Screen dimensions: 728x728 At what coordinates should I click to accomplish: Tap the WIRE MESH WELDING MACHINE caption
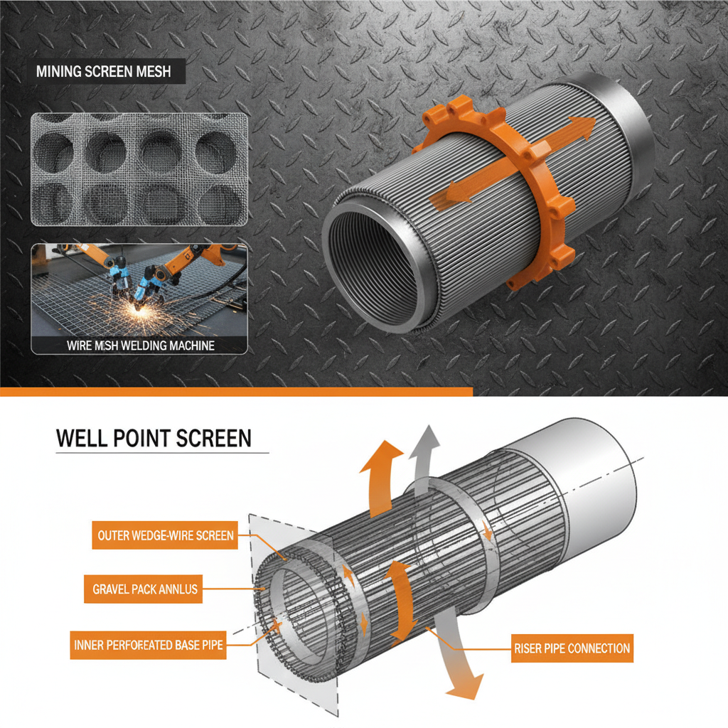click(x=140, y=346)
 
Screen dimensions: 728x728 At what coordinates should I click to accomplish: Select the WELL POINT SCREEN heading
click(x=154, y=437)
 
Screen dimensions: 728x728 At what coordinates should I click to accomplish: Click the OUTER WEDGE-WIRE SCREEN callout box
click(x=164, y=535)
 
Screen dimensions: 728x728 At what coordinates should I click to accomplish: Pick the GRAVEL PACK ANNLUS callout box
click(x=145, y=589)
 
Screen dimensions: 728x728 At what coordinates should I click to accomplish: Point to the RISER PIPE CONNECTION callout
click(x=572, y=648)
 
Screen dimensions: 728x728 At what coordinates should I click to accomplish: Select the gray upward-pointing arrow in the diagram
click(x=424, y=455)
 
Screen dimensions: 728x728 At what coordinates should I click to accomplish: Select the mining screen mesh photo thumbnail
click(x=139, y=169)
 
